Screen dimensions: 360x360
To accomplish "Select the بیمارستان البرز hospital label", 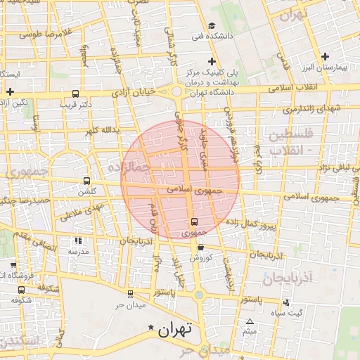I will pyautogui.click(x=333, y=68).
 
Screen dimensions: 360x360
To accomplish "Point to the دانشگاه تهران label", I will pyautogui.click(x=212, y=94).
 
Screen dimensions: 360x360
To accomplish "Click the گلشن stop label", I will pyautogui.click(x=86, y=191).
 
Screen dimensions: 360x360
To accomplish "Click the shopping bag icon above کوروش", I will pyautogui.click(x=201, y=247).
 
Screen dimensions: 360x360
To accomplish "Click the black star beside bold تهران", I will pyautogui.click(x=152, y=328).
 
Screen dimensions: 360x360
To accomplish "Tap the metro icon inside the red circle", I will pyautogui.click(x=194, y=222).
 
